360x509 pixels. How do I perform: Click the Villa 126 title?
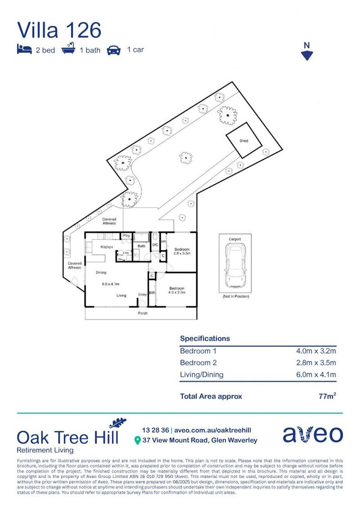[59, 30]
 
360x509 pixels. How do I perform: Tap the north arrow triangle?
[307, 56]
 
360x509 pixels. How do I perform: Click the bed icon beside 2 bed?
[25, 49]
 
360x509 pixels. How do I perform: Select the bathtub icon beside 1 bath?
[68, 49]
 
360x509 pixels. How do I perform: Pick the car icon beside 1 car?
[114, 49]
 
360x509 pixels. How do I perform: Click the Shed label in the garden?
[244, 141]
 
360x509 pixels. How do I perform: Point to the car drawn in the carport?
[235, 267]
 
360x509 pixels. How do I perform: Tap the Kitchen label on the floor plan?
[106, 247]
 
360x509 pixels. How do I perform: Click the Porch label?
[142, 313]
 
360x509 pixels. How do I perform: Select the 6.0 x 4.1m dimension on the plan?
[111, 284]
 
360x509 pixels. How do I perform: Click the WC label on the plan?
[155, 245]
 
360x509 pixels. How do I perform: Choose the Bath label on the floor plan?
[141, 246]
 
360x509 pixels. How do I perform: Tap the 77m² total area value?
[327, 396]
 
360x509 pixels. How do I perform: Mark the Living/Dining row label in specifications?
[202, 375]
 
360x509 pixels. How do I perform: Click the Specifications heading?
[205, 338]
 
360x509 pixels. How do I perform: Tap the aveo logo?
[312, 434]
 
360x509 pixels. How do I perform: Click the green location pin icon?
[137, 441]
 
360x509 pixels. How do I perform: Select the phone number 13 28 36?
[155, 430]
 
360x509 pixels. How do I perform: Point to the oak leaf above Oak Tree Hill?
[117, 423]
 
